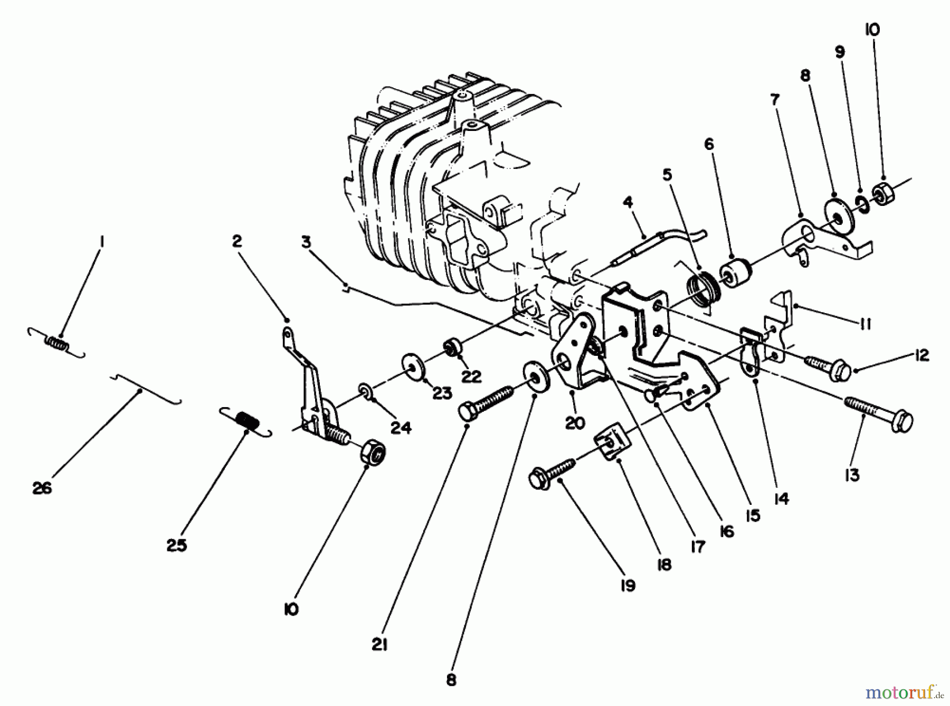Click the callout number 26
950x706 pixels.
pos(42,488)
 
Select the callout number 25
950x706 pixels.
pos(176,545)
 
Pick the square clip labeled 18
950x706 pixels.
pos(609,445)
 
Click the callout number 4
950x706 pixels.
pos(628,202)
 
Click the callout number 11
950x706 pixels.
pos(864,324)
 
